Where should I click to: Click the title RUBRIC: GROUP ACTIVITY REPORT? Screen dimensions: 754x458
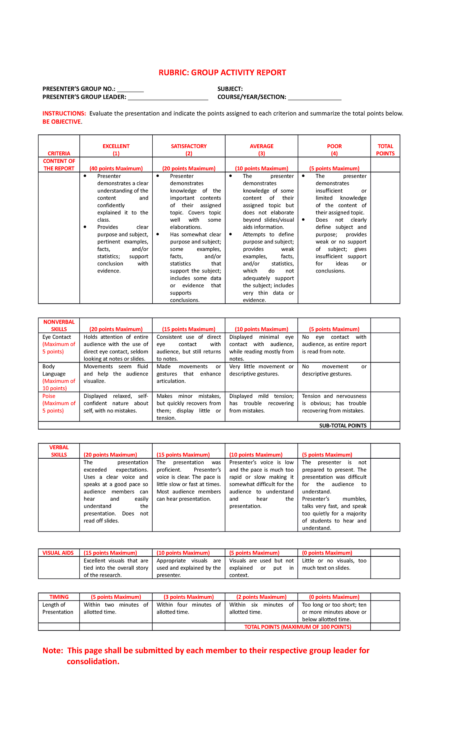[x=222, y=72]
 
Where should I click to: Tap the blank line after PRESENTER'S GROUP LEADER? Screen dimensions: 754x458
[x=168, y=98]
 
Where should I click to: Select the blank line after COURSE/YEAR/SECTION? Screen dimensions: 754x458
[x=314, y=98]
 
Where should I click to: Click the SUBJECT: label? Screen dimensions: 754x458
[x=230, y=89]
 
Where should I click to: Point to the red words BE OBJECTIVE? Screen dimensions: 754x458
[x=62, y=122]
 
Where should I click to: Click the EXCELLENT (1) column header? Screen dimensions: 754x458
[x=116, y=150]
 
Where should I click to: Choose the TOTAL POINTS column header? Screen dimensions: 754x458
[x=385, y=150]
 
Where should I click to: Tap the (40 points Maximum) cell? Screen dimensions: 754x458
[x=116, y=168]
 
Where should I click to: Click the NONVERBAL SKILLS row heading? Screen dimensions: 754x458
[x=59, y=325]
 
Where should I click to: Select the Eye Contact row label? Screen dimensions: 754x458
[x=56, y=337]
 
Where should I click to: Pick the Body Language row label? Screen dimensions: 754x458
[x=54, y=370]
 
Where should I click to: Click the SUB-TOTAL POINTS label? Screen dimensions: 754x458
[x=343, y=425]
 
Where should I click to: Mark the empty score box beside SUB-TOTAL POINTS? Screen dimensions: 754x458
[x=385, y=425]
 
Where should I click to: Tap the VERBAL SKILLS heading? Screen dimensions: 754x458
[x=59, y=451]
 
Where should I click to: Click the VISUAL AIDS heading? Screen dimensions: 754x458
[x=58, y=553]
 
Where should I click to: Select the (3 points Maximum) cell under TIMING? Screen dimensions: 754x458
[x=189, y=597]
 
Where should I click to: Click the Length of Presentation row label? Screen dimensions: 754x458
[x=58, y=608]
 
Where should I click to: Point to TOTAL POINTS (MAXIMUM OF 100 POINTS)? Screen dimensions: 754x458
[x=298, y=627]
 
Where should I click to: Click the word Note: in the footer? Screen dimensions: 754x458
[x=53, y=651]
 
